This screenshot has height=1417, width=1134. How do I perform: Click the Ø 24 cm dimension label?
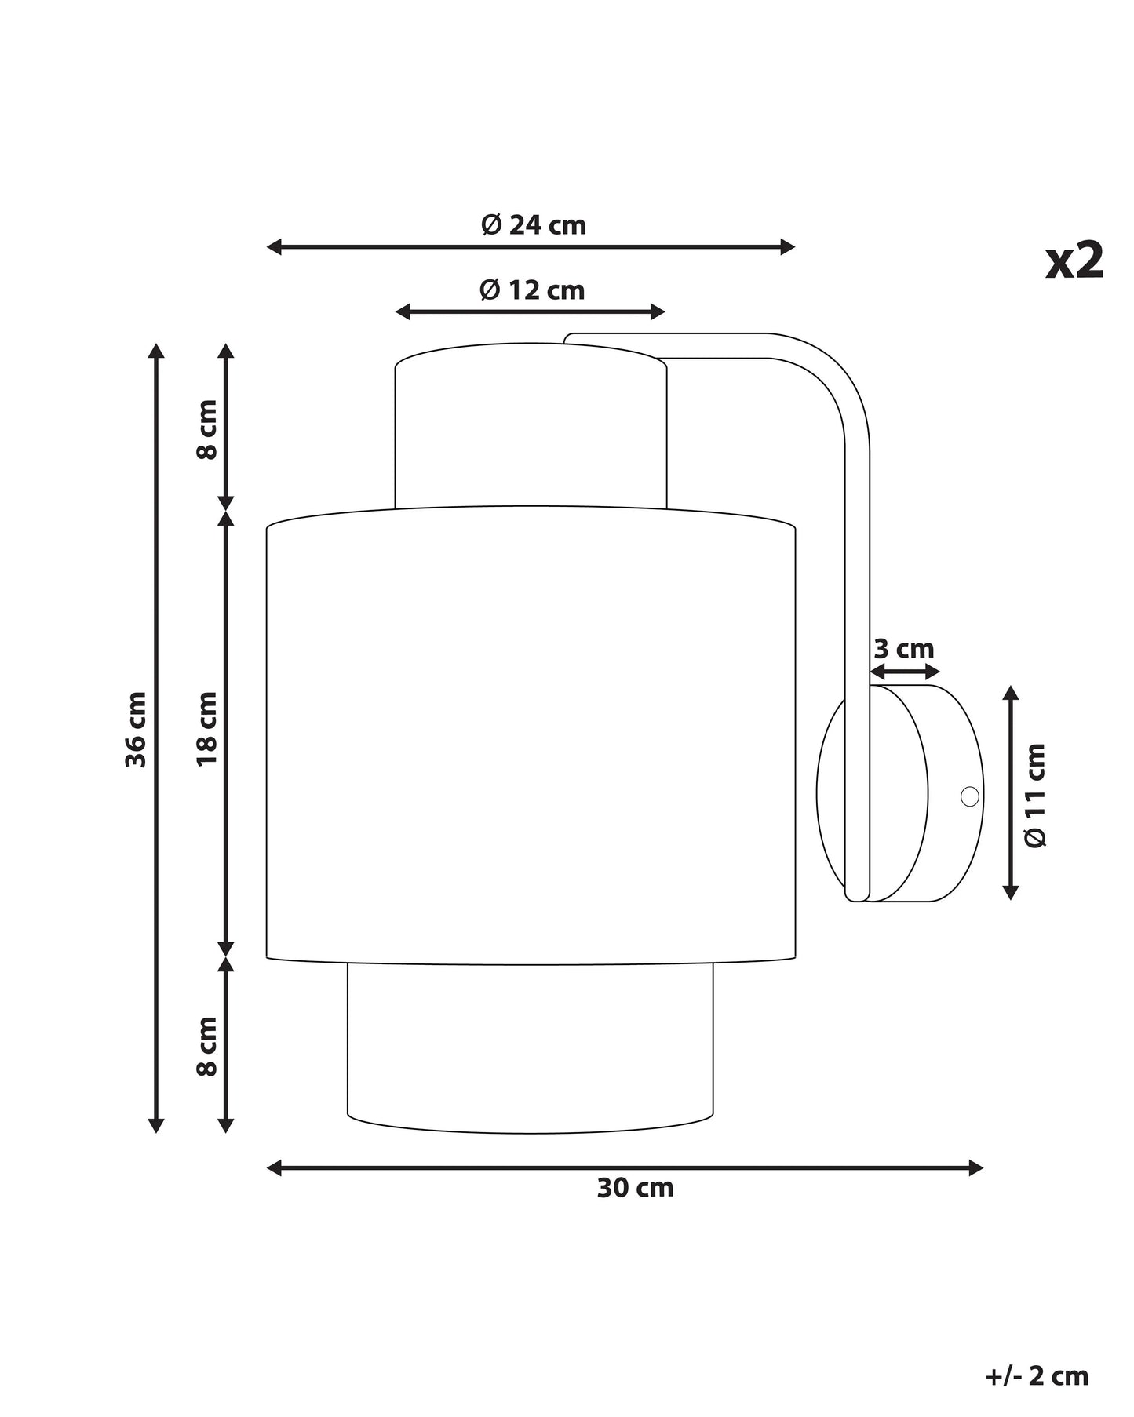coord(534,225)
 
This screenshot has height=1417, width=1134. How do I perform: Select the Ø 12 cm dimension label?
coord(532,290)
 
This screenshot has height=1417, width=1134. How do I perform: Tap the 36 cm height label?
coord(137,729)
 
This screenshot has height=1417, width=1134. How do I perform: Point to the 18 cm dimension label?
coord(206,729)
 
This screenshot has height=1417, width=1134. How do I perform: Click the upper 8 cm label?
coord(206,429)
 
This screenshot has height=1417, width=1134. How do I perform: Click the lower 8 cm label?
coord(206,1046)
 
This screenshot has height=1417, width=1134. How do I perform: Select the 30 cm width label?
coord(635,1188)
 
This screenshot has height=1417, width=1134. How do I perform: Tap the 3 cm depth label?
coord(904,649)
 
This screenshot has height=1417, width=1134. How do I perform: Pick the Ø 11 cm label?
coord(1036,795)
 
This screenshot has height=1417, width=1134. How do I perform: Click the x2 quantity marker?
coord(1074,260)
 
